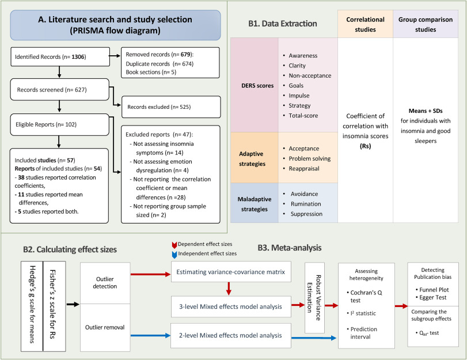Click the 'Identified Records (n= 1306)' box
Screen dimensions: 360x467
click(x=59, y=57)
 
